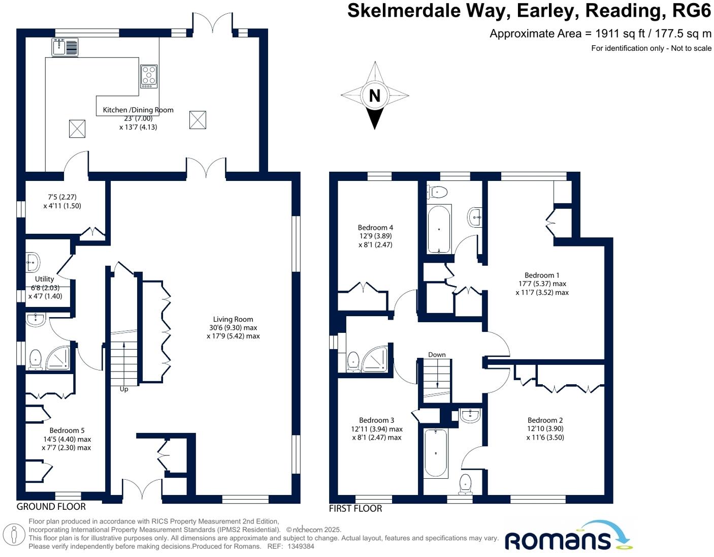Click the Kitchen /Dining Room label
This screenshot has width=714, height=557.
138,110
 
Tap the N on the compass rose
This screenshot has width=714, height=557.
374,96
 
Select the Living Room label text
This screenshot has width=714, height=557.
233,319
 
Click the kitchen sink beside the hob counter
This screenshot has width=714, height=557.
65,47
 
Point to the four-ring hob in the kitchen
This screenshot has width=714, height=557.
149,76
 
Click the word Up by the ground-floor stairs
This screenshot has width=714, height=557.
124,389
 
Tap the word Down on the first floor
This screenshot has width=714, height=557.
437,355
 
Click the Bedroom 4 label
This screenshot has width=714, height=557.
375,228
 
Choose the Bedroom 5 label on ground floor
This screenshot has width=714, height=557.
67,430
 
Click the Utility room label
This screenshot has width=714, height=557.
45,279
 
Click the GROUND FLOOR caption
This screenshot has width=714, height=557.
51,507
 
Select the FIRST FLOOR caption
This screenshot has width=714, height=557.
355,509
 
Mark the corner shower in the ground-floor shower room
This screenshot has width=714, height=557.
58,358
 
